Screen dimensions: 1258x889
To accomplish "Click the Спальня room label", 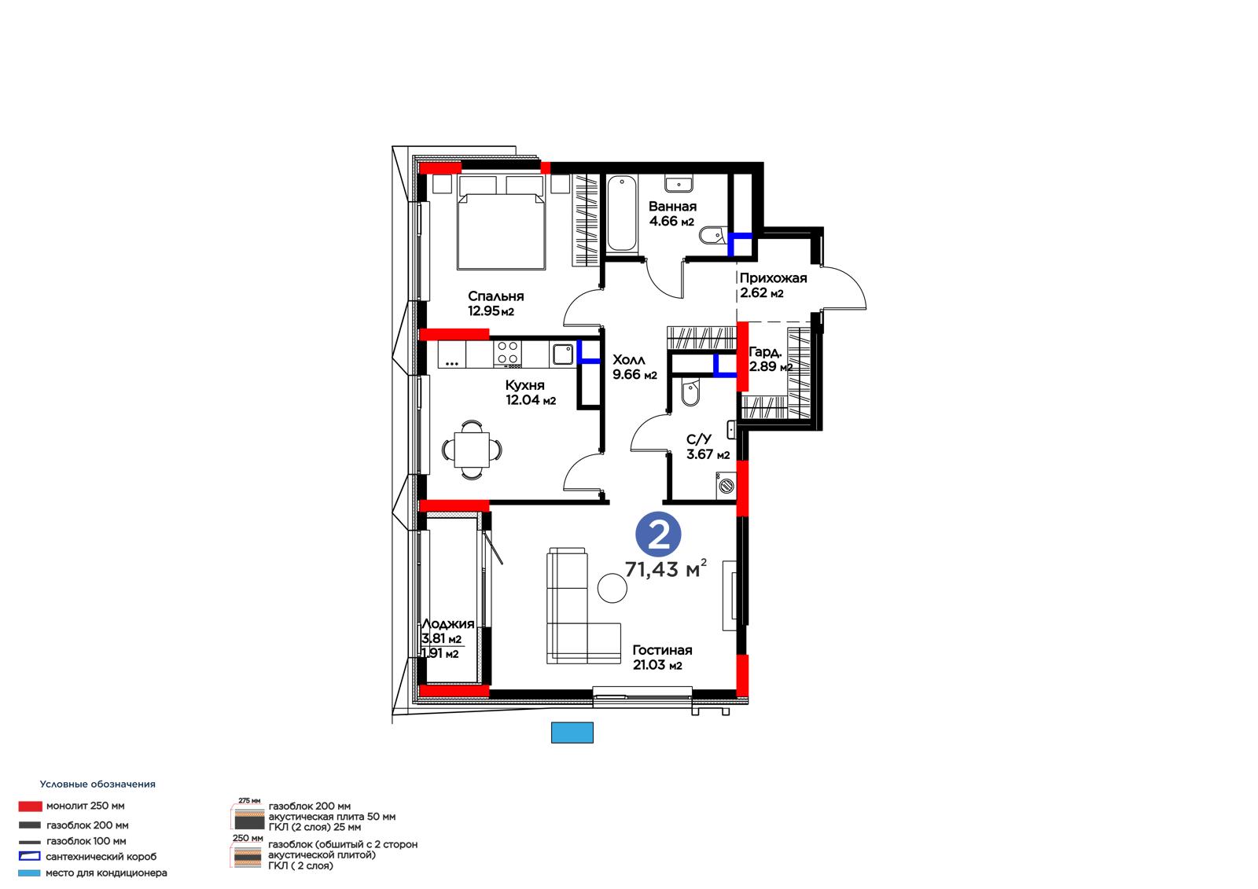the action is [495, 296].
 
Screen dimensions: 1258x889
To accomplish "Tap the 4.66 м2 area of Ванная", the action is [671, 221].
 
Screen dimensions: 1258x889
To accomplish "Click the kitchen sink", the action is [562, 354].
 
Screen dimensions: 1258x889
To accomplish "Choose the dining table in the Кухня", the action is [472, 450].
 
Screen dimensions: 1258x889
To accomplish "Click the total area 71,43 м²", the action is [665, 569].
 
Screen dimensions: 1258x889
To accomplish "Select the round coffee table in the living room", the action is [612, 588].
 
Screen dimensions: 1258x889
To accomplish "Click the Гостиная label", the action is [662, 650].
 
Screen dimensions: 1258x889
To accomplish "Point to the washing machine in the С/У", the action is [726, 485].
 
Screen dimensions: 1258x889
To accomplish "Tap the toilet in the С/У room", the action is [690, 392].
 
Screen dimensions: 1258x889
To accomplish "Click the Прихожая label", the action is [773, 278].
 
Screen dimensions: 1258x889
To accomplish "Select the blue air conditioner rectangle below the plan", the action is [572, 733].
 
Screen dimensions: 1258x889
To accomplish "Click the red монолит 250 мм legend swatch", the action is [30, 806].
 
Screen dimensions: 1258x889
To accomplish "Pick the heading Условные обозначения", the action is [97, 784].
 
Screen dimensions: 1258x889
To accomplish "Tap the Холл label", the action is [628, 359].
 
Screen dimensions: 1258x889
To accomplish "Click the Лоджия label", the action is [447, 623].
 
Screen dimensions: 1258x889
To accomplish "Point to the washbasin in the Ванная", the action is [679, 184].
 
